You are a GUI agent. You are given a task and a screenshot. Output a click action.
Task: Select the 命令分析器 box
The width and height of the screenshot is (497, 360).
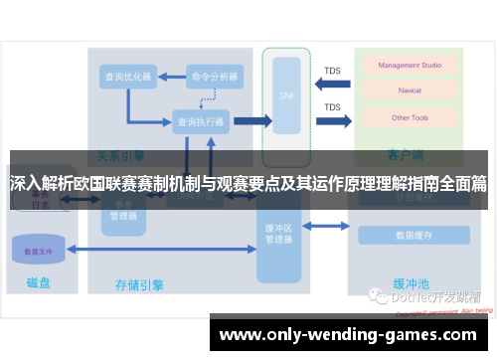pos(214,76)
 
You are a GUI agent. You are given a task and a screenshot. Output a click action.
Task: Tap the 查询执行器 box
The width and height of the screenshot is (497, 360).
pos(200,121)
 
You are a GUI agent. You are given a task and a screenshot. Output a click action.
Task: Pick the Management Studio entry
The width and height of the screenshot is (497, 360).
pos(403,66)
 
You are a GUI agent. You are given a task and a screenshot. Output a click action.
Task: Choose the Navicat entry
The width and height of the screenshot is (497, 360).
pos(403,91)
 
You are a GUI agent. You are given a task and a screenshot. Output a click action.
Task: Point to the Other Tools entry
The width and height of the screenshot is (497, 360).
pos(403,117)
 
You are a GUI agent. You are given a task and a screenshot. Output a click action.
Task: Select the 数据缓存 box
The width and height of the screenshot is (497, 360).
pos(412,236)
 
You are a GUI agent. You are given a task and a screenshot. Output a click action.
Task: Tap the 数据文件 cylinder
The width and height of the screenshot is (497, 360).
pos(39,251)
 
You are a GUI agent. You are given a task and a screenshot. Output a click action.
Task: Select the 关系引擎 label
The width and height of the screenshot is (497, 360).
pos(120,155)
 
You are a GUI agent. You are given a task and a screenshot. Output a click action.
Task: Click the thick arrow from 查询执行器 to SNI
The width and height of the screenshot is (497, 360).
pos(252,121)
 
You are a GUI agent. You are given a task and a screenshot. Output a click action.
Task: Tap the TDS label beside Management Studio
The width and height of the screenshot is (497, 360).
pos(332,71)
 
